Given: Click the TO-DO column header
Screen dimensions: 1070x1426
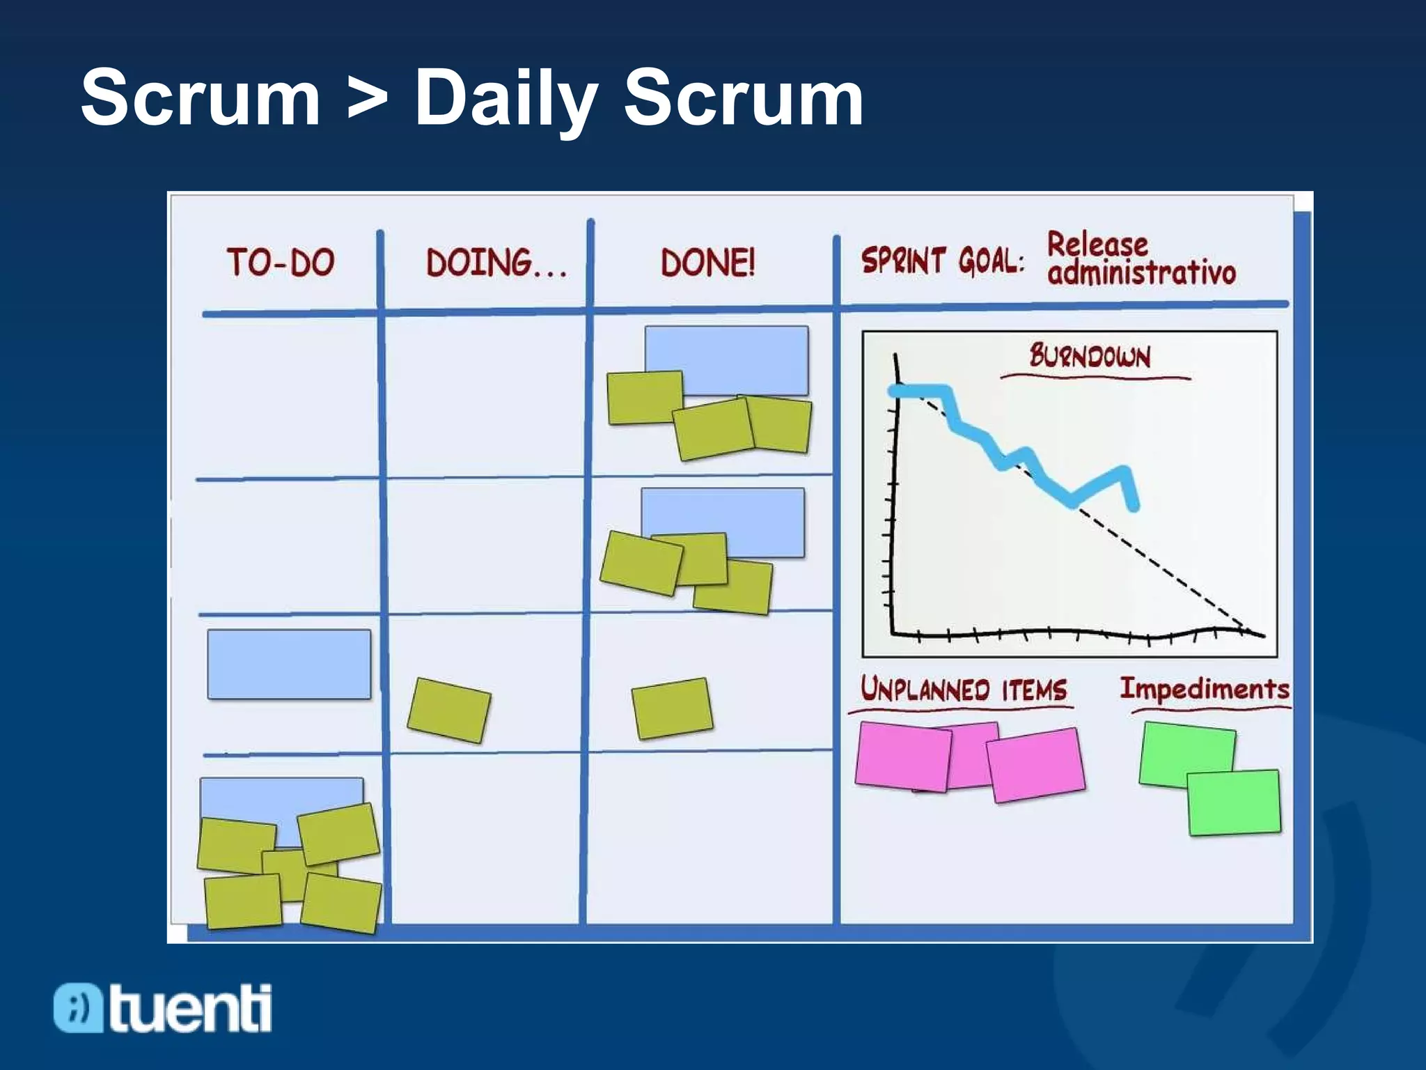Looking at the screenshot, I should point(281,263).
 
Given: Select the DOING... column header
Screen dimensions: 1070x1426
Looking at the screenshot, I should point(496,263).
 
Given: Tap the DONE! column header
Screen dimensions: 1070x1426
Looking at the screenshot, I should point(707,263).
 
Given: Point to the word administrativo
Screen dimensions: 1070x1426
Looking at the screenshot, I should point(1141,272).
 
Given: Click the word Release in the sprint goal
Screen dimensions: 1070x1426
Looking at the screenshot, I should point(1097,245).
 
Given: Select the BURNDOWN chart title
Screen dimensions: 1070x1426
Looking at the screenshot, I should point(1090,357).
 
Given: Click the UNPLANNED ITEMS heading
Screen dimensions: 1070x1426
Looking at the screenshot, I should point(963,690).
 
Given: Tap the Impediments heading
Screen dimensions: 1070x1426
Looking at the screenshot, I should point(1205,689).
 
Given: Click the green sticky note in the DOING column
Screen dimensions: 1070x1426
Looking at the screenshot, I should point(449,710).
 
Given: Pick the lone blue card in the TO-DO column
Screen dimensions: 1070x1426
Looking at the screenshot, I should point(289,664).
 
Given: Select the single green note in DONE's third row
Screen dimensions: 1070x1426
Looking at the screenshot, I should point(672,708).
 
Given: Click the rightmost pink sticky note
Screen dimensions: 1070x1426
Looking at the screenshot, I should point(1035,764).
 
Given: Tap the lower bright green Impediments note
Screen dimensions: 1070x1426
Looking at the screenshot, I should point(1233,802).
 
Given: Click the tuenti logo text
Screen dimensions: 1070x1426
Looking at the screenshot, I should point(189,1008).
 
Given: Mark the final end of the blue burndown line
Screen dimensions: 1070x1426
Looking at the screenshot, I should point(1134,506).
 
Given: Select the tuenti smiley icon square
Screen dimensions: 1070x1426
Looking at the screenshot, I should point(78,1008).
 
